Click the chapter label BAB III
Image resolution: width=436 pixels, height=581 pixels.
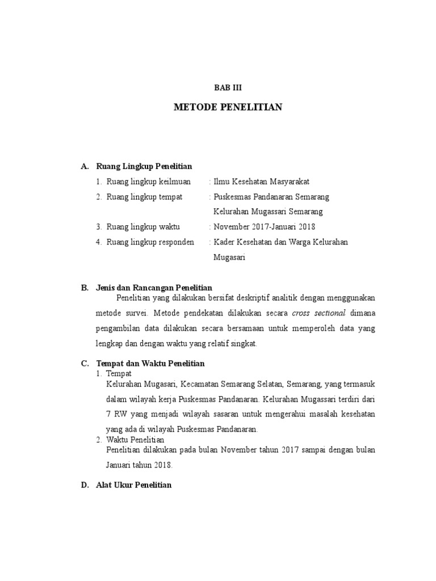coord(228,87)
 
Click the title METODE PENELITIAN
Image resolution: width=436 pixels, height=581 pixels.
coord(228,107)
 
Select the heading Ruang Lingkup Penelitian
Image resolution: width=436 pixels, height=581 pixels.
coord(144,166)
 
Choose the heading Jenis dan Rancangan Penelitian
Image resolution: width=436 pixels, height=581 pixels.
coord(154,288)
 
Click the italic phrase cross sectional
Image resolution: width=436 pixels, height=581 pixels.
coord(319,313)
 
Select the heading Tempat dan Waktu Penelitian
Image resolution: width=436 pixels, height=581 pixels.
coord(150,363)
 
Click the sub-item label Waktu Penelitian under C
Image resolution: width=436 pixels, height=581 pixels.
coord(135,440)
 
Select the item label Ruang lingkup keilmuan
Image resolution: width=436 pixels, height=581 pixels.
coord(149,182)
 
